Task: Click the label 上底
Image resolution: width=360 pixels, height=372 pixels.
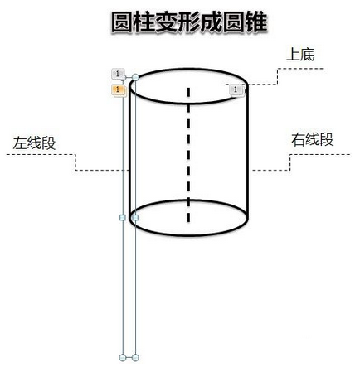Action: (300, 55)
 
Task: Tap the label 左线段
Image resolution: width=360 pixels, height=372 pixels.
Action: (34, 143)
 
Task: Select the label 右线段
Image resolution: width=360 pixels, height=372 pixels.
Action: (313, 139)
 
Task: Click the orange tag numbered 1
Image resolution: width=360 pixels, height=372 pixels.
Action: (119, 90)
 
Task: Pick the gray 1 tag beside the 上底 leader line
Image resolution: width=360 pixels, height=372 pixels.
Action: (236, 90)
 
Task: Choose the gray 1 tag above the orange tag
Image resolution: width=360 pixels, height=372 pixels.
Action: (118, 74)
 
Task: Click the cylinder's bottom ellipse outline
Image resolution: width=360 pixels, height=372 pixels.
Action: (188, 235)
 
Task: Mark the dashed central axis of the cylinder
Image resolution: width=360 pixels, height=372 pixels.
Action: (188, 155)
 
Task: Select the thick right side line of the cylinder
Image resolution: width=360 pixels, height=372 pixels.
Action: (246, 152)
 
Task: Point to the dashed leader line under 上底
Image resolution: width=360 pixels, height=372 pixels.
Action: (277, 76)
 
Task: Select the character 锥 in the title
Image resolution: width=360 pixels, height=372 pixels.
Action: (256, 22)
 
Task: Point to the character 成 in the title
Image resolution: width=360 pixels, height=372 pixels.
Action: (212, 22)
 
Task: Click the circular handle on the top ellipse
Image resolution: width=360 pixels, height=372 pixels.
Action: (135, 77)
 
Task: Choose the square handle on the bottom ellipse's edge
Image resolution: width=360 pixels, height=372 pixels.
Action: (135, 218)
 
